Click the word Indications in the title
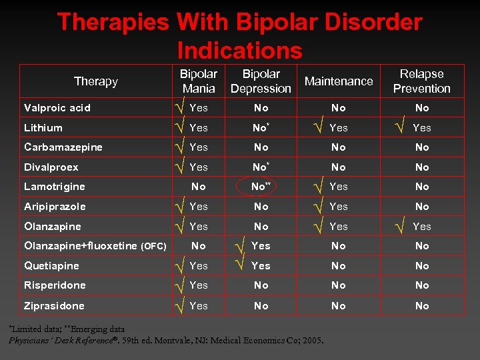pyautogui.click(x=240, y=50)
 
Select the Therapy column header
pyautogui.click(x=95, y=81)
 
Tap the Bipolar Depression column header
pyautogui.click(x=261, y=81)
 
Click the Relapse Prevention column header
pyautogui.click(x=421, y=81)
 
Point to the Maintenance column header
pyautogui.click(x=339, y=81)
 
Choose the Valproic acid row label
pyautogui.click(x=57, y=108)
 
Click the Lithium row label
pyautogui.click(x=43, y=128)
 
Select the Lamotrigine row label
pyautogui.click(x=55, y=187)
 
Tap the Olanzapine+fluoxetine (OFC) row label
pyautogui.click(x=95, y=246)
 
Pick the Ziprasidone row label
pyautogui.click(x=55, y=305)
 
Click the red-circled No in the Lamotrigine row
pyautogui.click(x=259, y=187)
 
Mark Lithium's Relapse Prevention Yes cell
pyautogui.click(x=421, y=127)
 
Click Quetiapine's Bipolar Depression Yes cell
pyautogui.click(x=261, y=265)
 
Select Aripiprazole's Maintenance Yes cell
pyautogui.click(x=339, y=207)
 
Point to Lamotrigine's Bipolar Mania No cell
pyautogui.click(x=199, y=187)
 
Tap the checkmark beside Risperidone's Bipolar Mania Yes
pyautogui.click(x=179, y=285)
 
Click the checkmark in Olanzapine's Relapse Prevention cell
pyautogui.click(x=399, y=227)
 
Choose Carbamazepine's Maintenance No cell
pyautogui.click(x=339, y=147)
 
